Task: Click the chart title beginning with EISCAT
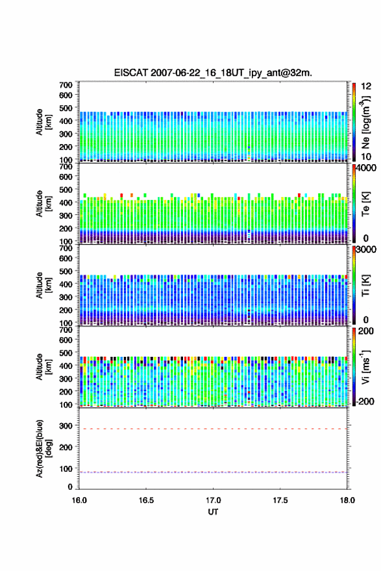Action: pos(213,73)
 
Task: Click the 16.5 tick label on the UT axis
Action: pos(146,500)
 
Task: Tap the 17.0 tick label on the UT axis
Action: pos(213,500)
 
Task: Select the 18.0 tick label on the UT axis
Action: pos(347,500)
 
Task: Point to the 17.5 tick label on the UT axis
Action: pos(280,500)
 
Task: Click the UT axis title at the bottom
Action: pos(213,512)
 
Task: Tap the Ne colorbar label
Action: pos(365,122)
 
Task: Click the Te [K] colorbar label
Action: pos(365,204)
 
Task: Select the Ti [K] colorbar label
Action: pos(365,285)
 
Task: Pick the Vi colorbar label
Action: pos(365,367)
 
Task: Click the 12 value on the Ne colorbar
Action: pos(367,86)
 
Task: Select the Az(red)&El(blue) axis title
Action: pos(43,449)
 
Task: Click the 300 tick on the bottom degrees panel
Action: pos(66,426)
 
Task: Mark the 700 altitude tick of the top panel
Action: pos(66,85)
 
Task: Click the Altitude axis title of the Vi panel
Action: pos(43,367)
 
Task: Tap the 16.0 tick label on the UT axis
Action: pos(79,500)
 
